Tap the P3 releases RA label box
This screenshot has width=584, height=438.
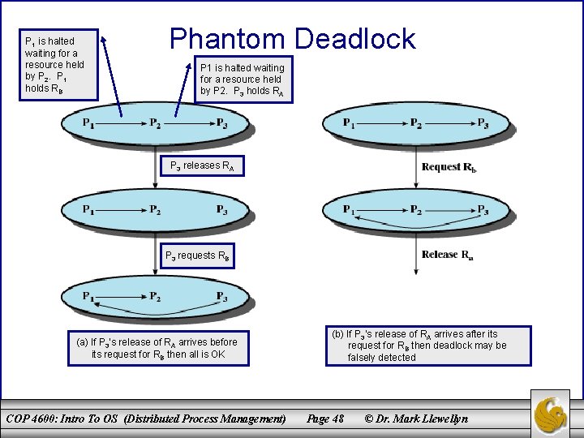(x=200, y=166)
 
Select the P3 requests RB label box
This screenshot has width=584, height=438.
(x=198, y=255)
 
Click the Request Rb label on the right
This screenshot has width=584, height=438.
(x=449, y=167)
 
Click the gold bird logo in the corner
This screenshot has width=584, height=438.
(x=556, y=411)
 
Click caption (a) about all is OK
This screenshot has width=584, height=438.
(x=157, y=348)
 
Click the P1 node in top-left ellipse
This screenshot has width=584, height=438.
(x=88, y=123)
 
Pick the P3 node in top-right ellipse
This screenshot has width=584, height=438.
(x=483, y=123)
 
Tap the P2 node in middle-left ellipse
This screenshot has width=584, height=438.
(x=155, y=210)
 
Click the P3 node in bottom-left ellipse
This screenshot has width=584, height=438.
(x=221, y=297)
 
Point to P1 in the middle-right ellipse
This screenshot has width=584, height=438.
(x=348, y=210)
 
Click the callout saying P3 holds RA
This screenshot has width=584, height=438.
(x=243, y=79)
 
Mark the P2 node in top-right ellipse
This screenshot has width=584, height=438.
(x=415, y=123)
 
